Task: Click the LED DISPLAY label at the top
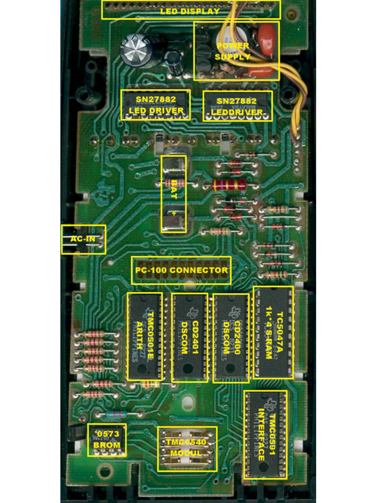(x=190, y=11)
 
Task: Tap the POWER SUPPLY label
(x=233, y=51)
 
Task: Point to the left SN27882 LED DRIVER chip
(x=155, y=105)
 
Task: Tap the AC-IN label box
(x=83, y=239)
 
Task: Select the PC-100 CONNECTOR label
(x=181, y=270)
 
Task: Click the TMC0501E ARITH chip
(x=145, y=336)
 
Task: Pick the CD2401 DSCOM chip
(x=189, y=337)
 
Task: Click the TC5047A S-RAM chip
(x=273, y=333)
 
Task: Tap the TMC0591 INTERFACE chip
(x=266, y=435)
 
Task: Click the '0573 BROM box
(x=107, y=440)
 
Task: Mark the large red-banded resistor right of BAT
(x=229, y=185)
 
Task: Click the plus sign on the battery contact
(x=174, y=213)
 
